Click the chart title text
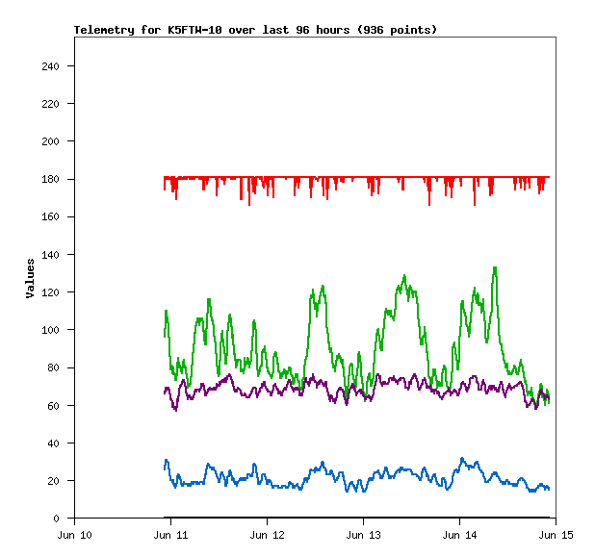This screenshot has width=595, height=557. click(x=255, y=30)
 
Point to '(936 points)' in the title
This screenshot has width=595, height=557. click(x=397, y=30)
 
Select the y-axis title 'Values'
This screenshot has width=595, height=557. click(x=30, y=278)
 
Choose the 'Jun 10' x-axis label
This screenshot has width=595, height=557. click(x=74, y=534)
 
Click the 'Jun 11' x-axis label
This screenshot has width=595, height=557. click(x=170, y=534)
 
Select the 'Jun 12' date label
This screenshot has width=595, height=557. click(x=267, y=534)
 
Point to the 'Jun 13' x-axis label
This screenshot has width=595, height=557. click(x=363, y=534)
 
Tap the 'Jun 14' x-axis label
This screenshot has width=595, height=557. click(x=459, y=534)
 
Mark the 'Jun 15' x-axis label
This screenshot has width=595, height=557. click(x=556, y=534)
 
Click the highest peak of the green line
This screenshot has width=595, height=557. click(x=495, y=267)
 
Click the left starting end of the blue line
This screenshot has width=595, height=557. click(x=165, y=468)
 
